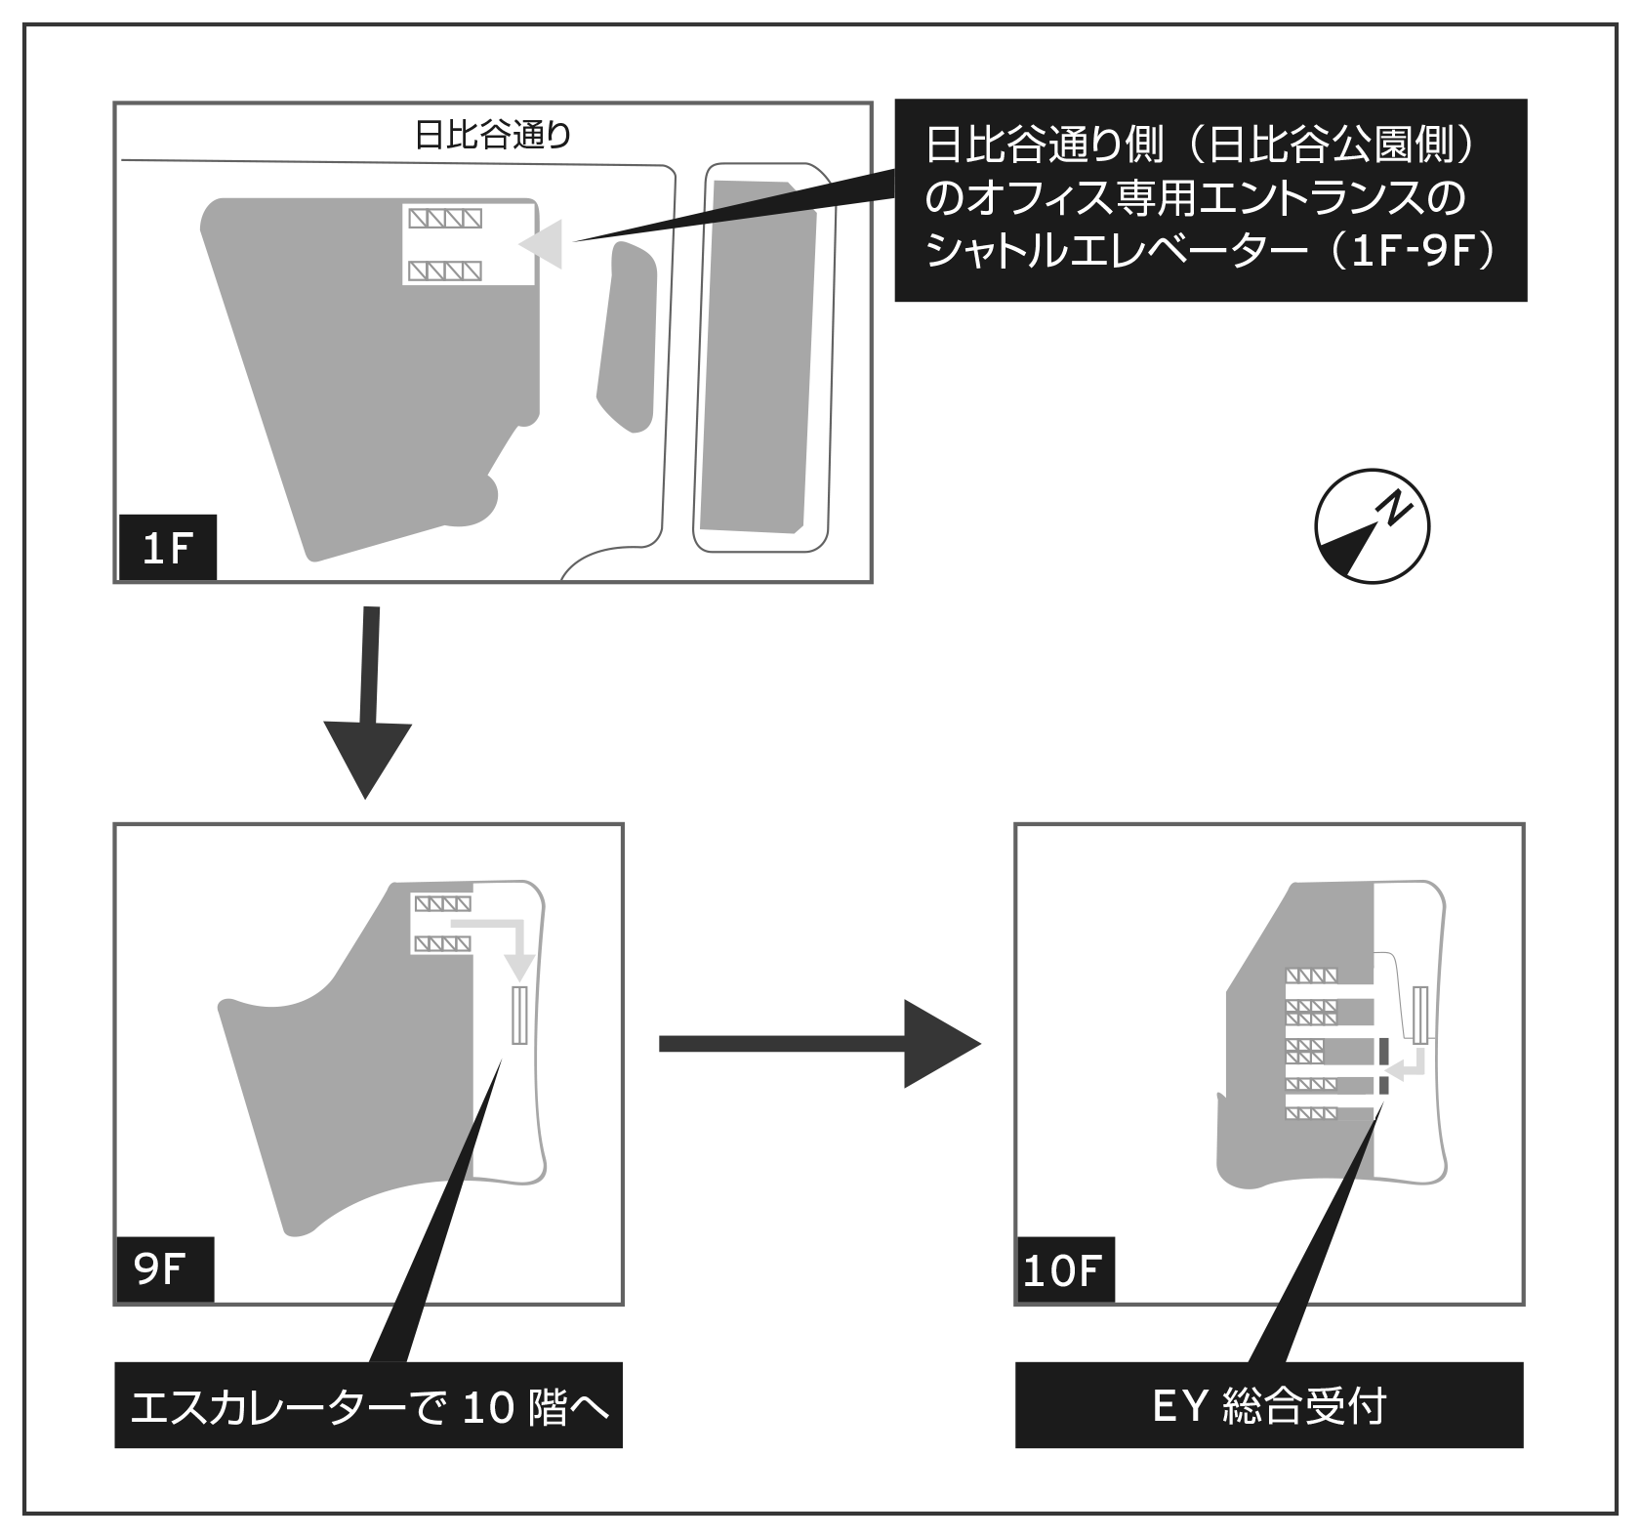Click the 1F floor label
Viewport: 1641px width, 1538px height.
pyautogui.click(x=165, y=549)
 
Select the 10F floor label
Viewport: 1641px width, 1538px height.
pyautogui.click(x=1063, y=1270)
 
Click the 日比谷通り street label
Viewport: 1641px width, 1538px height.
pyautogui.click(x=492, y=135)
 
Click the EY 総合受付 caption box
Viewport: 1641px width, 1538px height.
pyautogui.click(x=1268, y=1407)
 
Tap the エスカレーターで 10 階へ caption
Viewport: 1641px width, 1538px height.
pyautogui.click(x=368, y=1407)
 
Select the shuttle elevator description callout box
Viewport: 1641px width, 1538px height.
pyautogui.click(x=1210, y=200)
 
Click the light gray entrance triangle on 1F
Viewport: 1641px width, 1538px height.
pyautogui.click(x=545, y=243)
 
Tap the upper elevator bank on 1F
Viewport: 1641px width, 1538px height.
pyautogui.click(x=445, y=217)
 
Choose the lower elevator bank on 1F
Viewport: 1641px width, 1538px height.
pyautogui.click(x=445, y=270)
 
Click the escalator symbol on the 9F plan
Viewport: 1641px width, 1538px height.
pyautogui.click(x=518, y=1016)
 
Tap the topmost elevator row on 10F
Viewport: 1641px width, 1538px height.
pyautogui.click(x=1311, y=976)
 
